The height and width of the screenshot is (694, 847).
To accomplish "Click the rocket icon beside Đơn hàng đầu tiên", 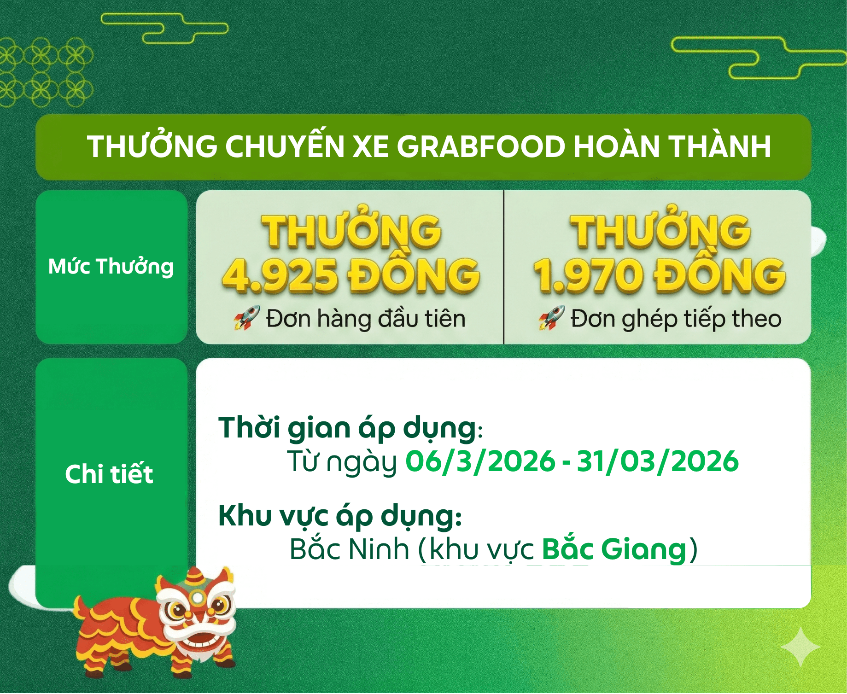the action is tap(247, 318).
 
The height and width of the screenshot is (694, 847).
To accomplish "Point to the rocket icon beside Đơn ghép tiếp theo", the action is tap(552, 318).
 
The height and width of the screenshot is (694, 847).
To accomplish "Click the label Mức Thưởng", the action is tap(111, 267).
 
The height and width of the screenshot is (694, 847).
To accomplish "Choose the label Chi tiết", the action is tap(109, 474).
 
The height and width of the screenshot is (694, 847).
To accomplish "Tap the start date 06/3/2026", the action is tap(480, 461).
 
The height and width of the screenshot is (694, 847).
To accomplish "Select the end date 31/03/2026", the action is tap(658, 461).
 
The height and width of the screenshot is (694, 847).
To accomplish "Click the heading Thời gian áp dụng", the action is tap(348, 428).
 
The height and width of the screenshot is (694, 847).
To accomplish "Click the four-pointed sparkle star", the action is tap(800, 647).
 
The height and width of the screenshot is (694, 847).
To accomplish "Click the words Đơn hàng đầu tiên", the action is tap(366, 319).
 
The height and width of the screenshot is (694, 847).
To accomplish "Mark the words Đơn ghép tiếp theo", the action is tap(676, 319).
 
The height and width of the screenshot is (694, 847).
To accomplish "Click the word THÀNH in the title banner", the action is tap(719, 146).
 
